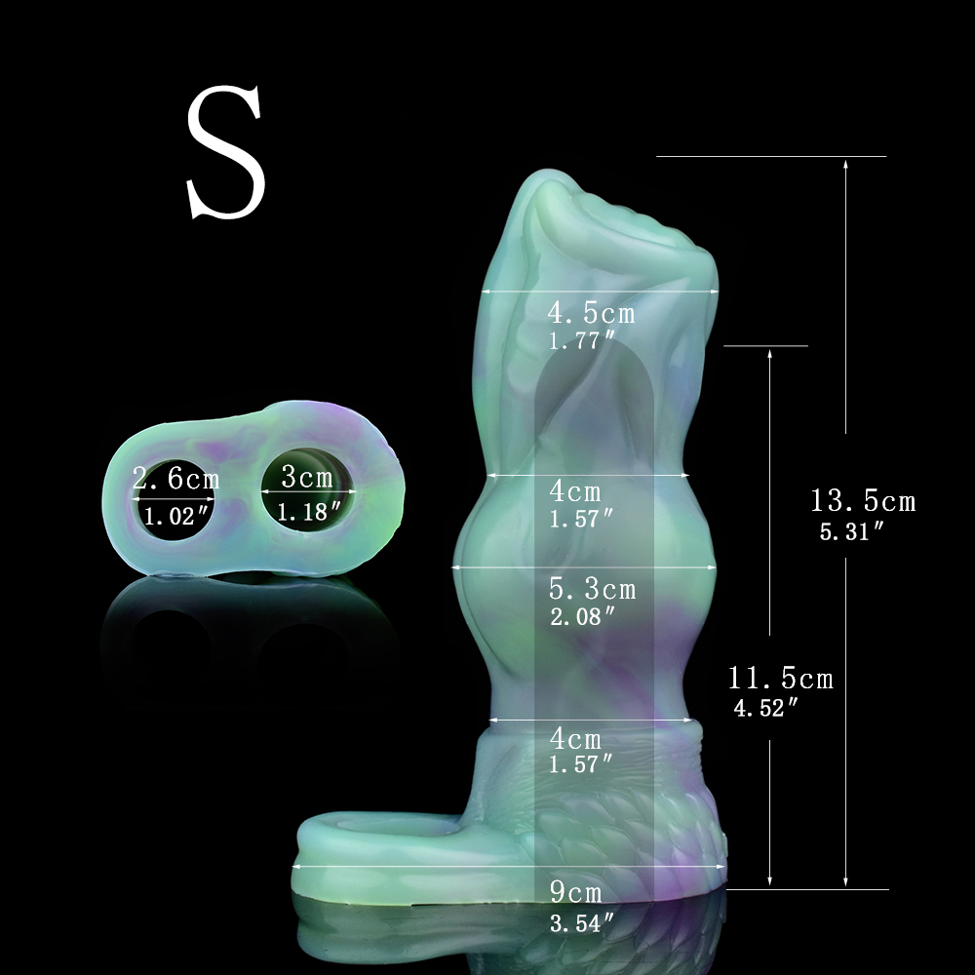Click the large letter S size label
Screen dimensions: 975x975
(x=226, y=152)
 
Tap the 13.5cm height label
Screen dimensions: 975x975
(x=863, y=501)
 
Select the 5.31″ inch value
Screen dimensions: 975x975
(x=852, y=531)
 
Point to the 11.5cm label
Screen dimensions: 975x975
(x=780, y=678)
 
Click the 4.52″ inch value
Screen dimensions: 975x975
(x=765, y=708)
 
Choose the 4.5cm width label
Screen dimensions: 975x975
(x=592, y=313)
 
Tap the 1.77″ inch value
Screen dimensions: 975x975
(x=581, y=340)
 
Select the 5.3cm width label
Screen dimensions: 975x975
(x=593, y=589)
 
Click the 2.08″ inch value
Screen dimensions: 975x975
(x=582, y=616)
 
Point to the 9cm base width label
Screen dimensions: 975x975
(x=576, y=893)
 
